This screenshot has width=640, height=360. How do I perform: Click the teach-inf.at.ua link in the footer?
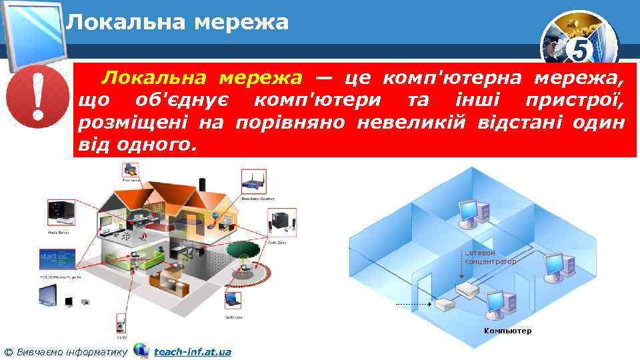click(x=192, y=351)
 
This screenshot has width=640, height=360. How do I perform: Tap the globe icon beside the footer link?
click(x=141, y=350)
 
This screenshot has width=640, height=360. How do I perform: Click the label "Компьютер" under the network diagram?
click(x=508, y=331)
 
